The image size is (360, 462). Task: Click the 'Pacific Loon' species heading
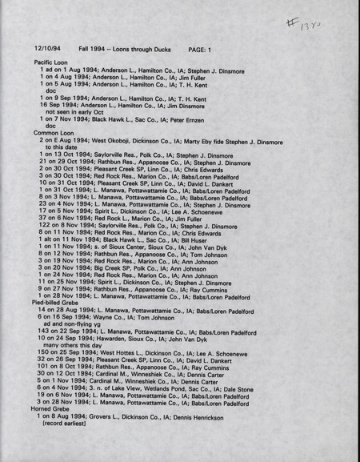click(50, 62)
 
